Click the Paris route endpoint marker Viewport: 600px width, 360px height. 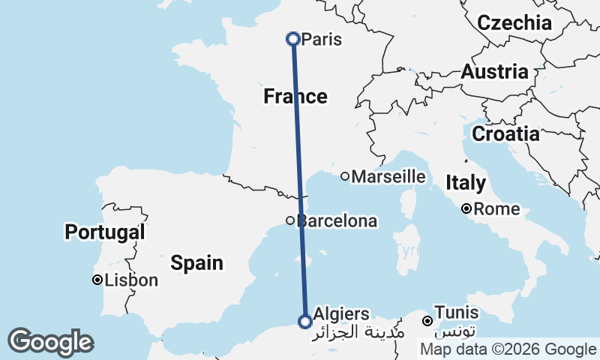[293, 38]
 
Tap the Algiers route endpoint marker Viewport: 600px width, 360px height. [305, 322]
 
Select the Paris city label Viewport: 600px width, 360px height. [321, 39]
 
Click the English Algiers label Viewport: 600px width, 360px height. [342, 313]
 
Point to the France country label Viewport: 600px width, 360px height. [295, 97]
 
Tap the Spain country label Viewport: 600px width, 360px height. [196, 262]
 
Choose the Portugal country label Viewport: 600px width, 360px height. [104, 232]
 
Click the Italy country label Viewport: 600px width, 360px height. [466, 183]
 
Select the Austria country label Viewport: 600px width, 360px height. [494, 72]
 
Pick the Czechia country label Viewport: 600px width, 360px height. [514, 22]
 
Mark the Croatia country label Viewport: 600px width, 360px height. [505, 134]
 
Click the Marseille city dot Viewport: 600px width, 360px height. [345, 177]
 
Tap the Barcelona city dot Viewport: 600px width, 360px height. [290, 220]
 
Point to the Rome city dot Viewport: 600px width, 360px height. [466, 208]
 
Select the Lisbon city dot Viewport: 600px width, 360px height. [97, 280]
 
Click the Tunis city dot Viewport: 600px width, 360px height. [427, 321]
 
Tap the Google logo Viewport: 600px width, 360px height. [50, 342]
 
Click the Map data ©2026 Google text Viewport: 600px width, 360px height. [508, 349]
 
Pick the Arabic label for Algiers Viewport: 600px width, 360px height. [360, 331]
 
